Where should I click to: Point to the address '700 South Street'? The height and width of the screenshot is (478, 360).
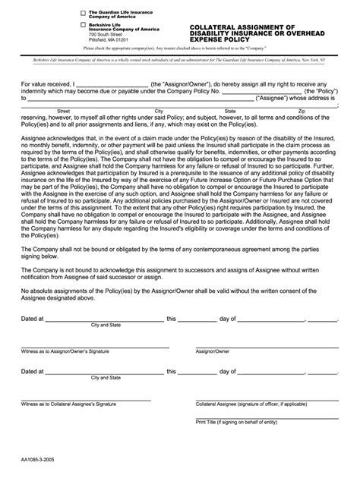pyautogui.click(x=106, y=35)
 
